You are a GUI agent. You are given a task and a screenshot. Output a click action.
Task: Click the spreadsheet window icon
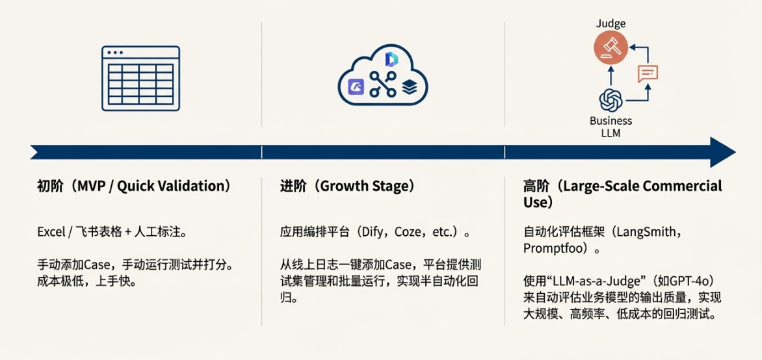coord(140,78)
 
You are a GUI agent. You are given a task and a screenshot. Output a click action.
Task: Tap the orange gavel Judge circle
coord(611,47)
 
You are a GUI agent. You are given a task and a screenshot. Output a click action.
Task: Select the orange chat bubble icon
coord(648,73)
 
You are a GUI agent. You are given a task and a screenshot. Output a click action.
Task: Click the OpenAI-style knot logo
coord(611,101)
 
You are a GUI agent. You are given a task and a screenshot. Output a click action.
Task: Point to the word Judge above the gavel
coord(611,23)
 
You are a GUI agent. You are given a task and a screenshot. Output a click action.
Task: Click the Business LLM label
coord(611,126)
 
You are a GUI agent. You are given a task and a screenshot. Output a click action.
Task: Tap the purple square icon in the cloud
coord(358,87)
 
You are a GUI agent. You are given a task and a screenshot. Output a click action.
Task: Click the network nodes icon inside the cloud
coord(383,84)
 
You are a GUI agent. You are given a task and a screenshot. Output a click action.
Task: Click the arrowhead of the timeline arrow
coord(722,152)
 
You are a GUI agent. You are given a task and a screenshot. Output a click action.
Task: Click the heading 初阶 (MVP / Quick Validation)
coord(134,186)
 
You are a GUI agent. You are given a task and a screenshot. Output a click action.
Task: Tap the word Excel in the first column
coord(50,232)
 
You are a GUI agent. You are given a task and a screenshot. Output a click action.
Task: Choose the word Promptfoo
coord(549,249)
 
